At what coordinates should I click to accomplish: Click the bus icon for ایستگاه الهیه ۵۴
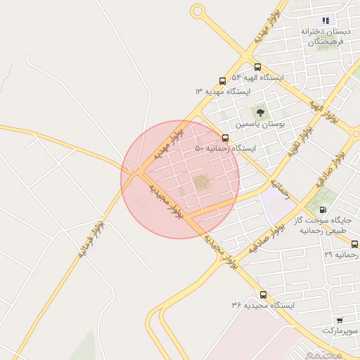257,67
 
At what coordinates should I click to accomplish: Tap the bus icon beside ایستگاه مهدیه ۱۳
223,81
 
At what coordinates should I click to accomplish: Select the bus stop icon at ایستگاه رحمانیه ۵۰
225,138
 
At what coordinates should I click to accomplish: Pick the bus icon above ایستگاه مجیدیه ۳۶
264,295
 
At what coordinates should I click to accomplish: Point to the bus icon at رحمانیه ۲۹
354,244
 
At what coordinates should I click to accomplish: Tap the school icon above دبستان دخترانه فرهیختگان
326,21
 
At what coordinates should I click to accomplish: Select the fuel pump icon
323,209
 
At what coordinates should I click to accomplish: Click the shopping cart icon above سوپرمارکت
340,320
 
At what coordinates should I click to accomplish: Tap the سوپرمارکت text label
340,330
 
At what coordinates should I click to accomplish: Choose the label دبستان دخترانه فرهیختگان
326,37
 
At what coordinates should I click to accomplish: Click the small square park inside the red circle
202,183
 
